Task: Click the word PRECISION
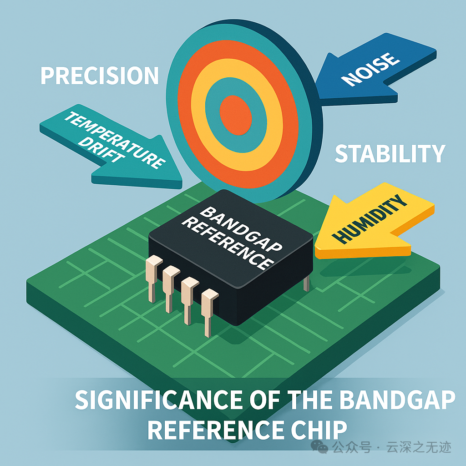click(x=100, y=76)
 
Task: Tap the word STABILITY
click(x=390, y=154)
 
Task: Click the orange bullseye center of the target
click(x=236, y=112)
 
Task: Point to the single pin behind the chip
click(x=306, y=282)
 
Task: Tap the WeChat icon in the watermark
click(x=323, y=448)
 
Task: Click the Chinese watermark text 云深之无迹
click(x=419, y=448)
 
